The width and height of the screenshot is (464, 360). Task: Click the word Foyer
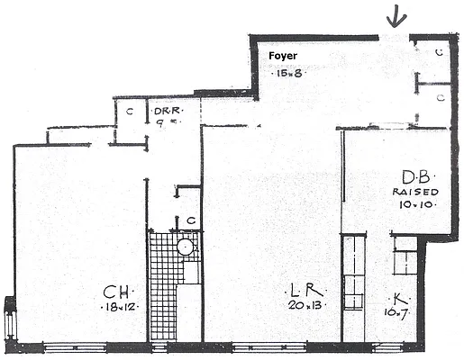tap(284, 56)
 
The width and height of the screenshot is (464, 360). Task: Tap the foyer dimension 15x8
tap(287, 73)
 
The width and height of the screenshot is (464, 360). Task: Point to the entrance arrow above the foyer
tap(394, 16)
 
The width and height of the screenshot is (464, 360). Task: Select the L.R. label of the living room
tap(301, 291)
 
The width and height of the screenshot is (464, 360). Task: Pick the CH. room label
tap(115, 291)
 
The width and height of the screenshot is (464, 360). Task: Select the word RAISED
tap(415, 192)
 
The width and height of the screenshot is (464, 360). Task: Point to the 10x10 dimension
tap(415, 205)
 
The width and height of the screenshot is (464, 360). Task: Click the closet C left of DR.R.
tap(130, 111)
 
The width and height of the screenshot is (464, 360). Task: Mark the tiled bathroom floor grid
tap(163, 288)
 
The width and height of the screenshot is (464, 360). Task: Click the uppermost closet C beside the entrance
tap(438, 53)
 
